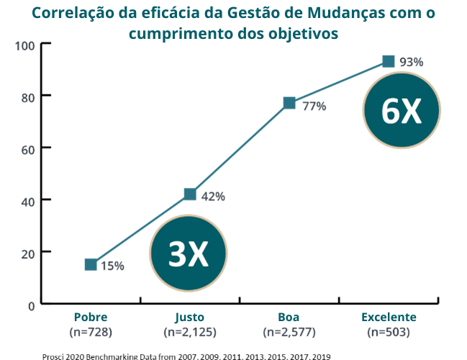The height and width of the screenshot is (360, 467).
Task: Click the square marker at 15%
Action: click(x=91, y=264)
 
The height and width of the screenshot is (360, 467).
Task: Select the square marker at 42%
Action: click(x=190, y=194)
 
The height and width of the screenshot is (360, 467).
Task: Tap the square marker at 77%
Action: click(x=289, y=103)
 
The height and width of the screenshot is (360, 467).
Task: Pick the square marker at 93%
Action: click(x=389, y=61)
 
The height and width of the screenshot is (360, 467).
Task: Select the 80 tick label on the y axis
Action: click(x=27, y=96)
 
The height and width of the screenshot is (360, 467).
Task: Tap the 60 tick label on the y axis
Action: click(x=27, y=148)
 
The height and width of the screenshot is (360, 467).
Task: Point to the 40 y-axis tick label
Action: click(x=27, y=200)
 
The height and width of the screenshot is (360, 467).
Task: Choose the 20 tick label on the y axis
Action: click(x=27, y=253)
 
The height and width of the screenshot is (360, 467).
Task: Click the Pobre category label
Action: click(x=91, y=318)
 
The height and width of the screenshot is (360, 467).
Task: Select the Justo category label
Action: click(x=190, y=318)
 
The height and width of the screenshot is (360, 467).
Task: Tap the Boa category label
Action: click(x=289, y=318)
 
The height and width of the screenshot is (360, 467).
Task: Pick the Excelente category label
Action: click(x=389, y=318)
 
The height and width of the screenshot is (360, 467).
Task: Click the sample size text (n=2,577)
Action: click(x=289, y=332)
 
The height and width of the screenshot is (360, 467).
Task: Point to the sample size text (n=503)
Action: click(x=389, y=332)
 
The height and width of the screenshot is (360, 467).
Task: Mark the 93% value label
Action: click(x=411, y=62)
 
